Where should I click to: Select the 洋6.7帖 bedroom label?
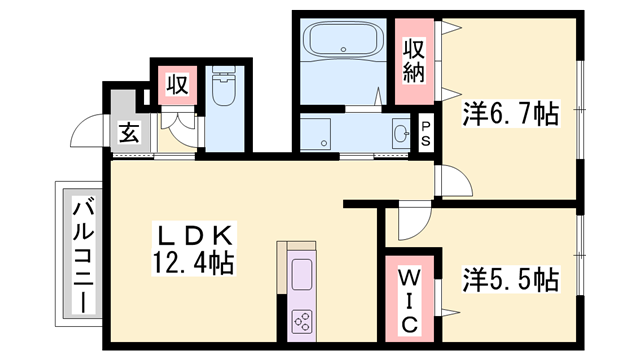pos(510,115)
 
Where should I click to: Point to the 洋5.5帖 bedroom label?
pos(510,279)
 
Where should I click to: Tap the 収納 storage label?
pos(415,60)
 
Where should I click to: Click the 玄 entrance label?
pos(129,130)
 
